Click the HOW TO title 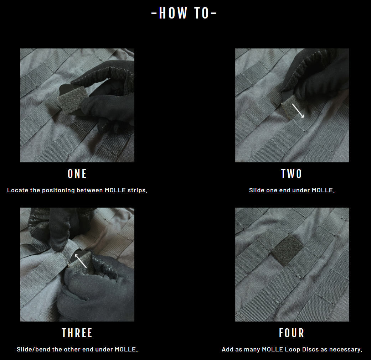[184, 13]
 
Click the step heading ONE [77, 174]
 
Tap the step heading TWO [292, 174]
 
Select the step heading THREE [77, 333]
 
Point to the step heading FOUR [292, 333]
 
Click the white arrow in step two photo [298, 110]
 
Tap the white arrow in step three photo [80, 261]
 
